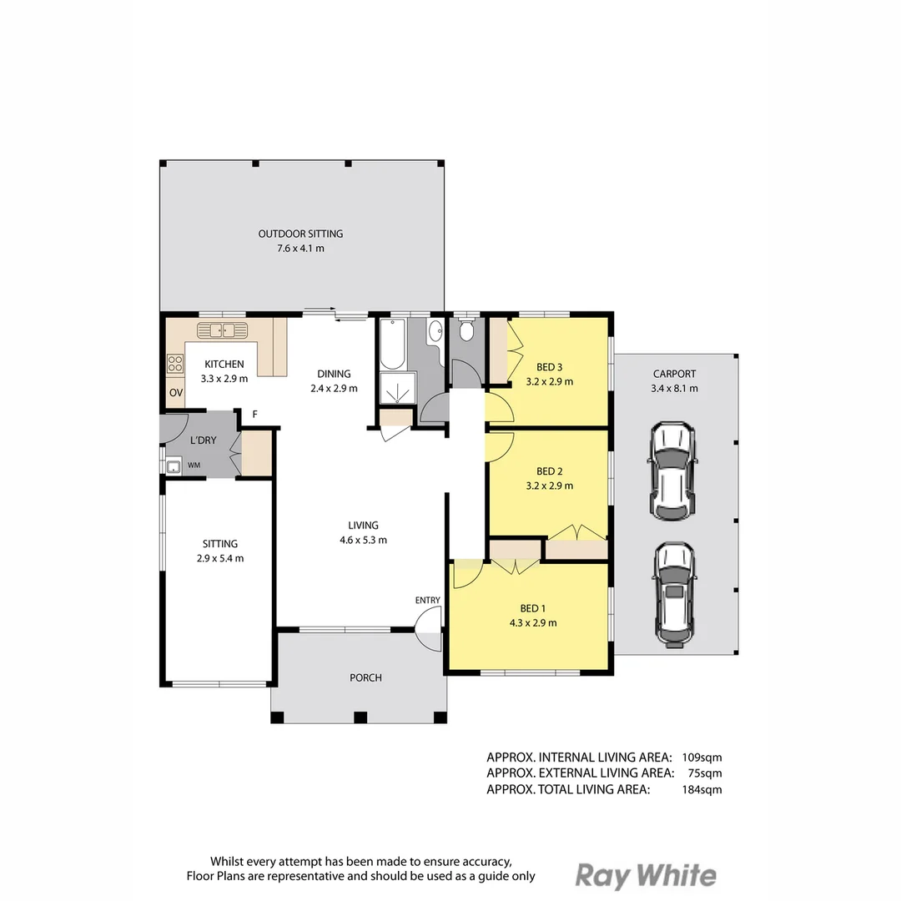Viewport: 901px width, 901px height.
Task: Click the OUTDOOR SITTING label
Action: click(300, 234)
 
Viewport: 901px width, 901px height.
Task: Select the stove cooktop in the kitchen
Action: click(175, 364)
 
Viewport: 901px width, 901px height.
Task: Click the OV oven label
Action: click(176, 392)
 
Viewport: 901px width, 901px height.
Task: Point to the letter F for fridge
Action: click(254, 415)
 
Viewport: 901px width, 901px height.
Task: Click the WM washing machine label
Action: click(194, 465)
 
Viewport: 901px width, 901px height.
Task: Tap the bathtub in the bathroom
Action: click(391, 344)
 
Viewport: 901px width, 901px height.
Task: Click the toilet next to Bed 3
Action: click(466, 332)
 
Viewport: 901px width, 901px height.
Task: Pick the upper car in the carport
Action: click(672, 471)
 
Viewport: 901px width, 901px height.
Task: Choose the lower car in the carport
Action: click(672, 594)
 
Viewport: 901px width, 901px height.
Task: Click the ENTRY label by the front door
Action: click(427, 600)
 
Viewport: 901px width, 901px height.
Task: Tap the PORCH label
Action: click(365, 677)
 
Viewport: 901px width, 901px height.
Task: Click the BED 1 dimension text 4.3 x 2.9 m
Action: click(532, 622)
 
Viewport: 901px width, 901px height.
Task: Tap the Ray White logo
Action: click(646, 875)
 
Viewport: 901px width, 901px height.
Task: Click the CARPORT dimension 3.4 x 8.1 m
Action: click(674, 388)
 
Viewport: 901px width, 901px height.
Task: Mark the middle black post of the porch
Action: click(360, 717)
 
